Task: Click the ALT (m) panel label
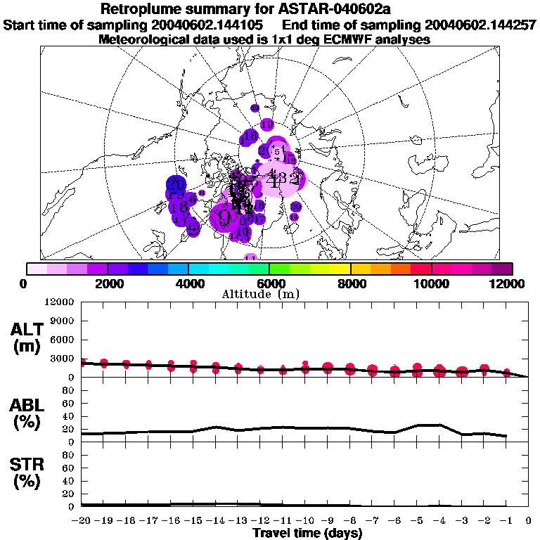click(27, 337)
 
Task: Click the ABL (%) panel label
click(27, 413)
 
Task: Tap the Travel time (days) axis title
click(307, 534)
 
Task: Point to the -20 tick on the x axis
click(82, 521)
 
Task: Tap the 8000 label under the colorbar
click(349, 283)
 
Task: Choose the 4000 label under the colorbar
click(188, 283)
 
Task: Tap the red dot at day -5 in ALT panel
click(418, 371)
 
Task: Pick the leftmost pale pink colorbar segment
click(37, 269)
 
